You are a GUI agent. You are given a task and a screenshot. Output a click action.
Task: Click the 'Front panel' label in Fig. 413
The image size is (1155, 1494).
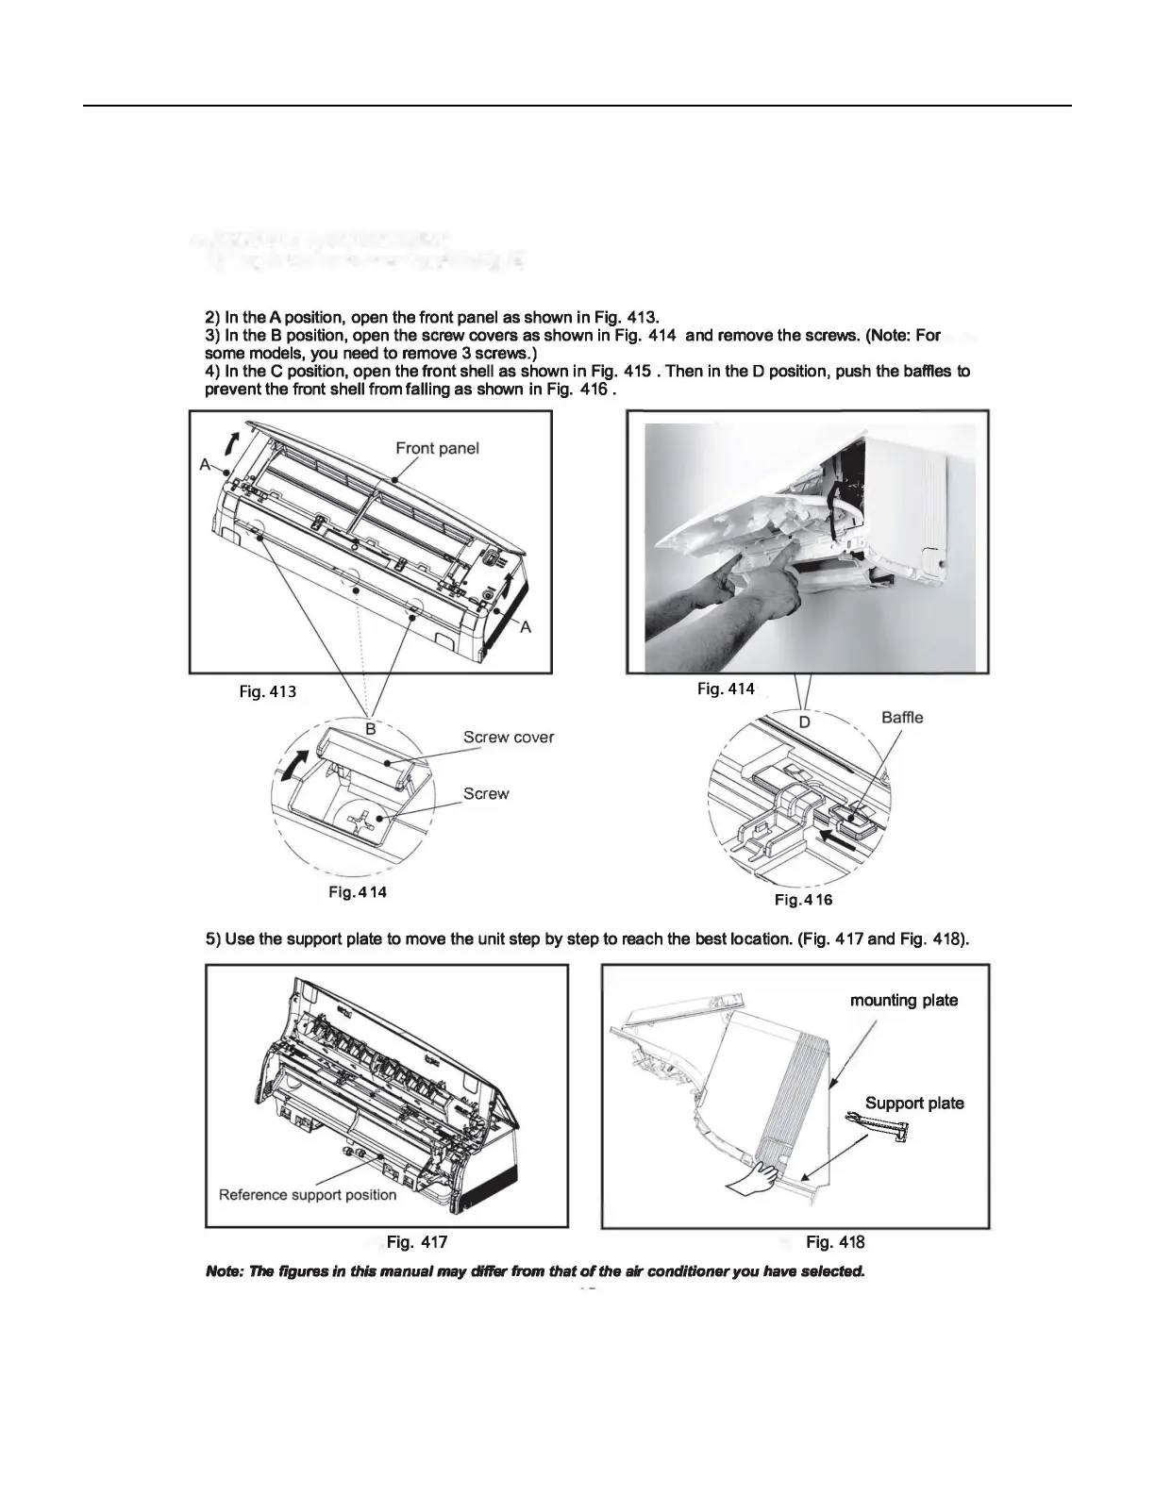click(x=437, y=448)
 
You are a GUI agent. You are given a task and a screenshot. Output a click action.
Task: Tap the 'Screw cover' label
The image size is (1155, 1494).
click(x=509, y=737)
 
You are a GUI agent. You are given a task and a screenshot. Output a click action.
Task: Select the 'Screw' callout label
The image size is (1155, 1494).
click(x=486, y=794)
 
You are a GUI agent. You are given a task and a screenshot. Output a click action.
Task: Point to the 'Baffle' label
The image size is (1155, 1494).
click(x=902, y=718)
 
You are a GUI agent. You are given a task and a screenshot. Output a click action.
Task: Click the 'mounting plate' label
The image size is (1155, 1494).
click(x=904, y=1000)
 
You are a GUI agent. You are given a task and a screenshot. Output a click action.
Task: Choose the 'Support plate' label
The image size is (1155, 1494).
click(x=914, y=1104)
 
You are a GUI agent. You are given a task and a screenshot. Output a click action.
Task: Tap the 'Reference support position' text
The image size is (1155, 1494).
click(x=308, y=1195)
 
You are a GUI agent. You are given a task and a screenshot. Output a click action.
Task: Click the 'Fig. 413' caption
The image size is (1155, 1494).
click(x=267, y=691)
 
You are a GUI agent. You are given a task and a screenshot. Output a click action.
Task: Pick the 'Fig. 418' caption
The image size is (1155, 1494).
click(x=835, y=1242)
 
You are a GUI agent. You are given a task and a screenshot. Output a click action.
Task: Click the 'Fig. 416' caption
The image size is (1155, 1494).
click(x=803, y=900)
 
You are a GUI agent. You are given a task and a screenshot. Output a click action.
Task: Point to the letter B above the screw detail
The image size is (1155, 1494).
click(x=371, y=729)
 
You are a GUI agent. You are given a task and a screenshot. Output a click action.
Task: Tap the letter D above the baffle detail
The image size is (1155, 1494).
click(x=805, y=722)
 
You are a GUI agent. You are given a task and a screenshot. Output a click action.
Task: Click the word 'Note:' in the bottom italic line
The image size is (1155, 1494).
click(x=224, y=1271)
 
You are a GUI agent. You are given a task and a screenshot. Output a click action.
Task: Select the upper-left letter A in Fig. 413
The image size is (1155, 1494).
click(x=205, y=464)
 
